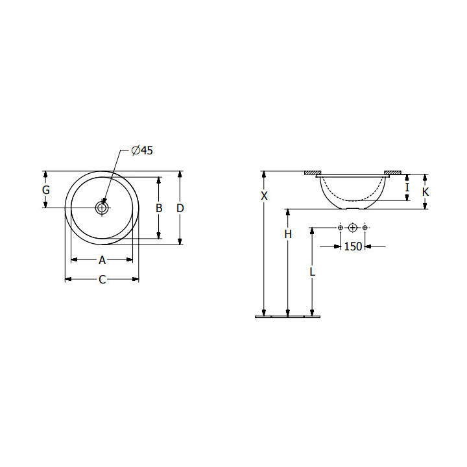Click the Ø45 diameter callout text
[142, 150]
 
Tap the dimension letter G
[45, 189]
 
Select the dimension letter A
[102, 260]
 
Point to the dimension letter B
[159, 208]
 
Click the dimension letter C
[102, 280]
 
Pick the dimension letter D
[180, 208]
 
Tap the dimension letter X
[264, 196]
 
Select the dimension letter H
[288, 234]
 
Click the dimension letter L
[312, 272]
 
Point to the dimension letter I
[407, 187]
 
